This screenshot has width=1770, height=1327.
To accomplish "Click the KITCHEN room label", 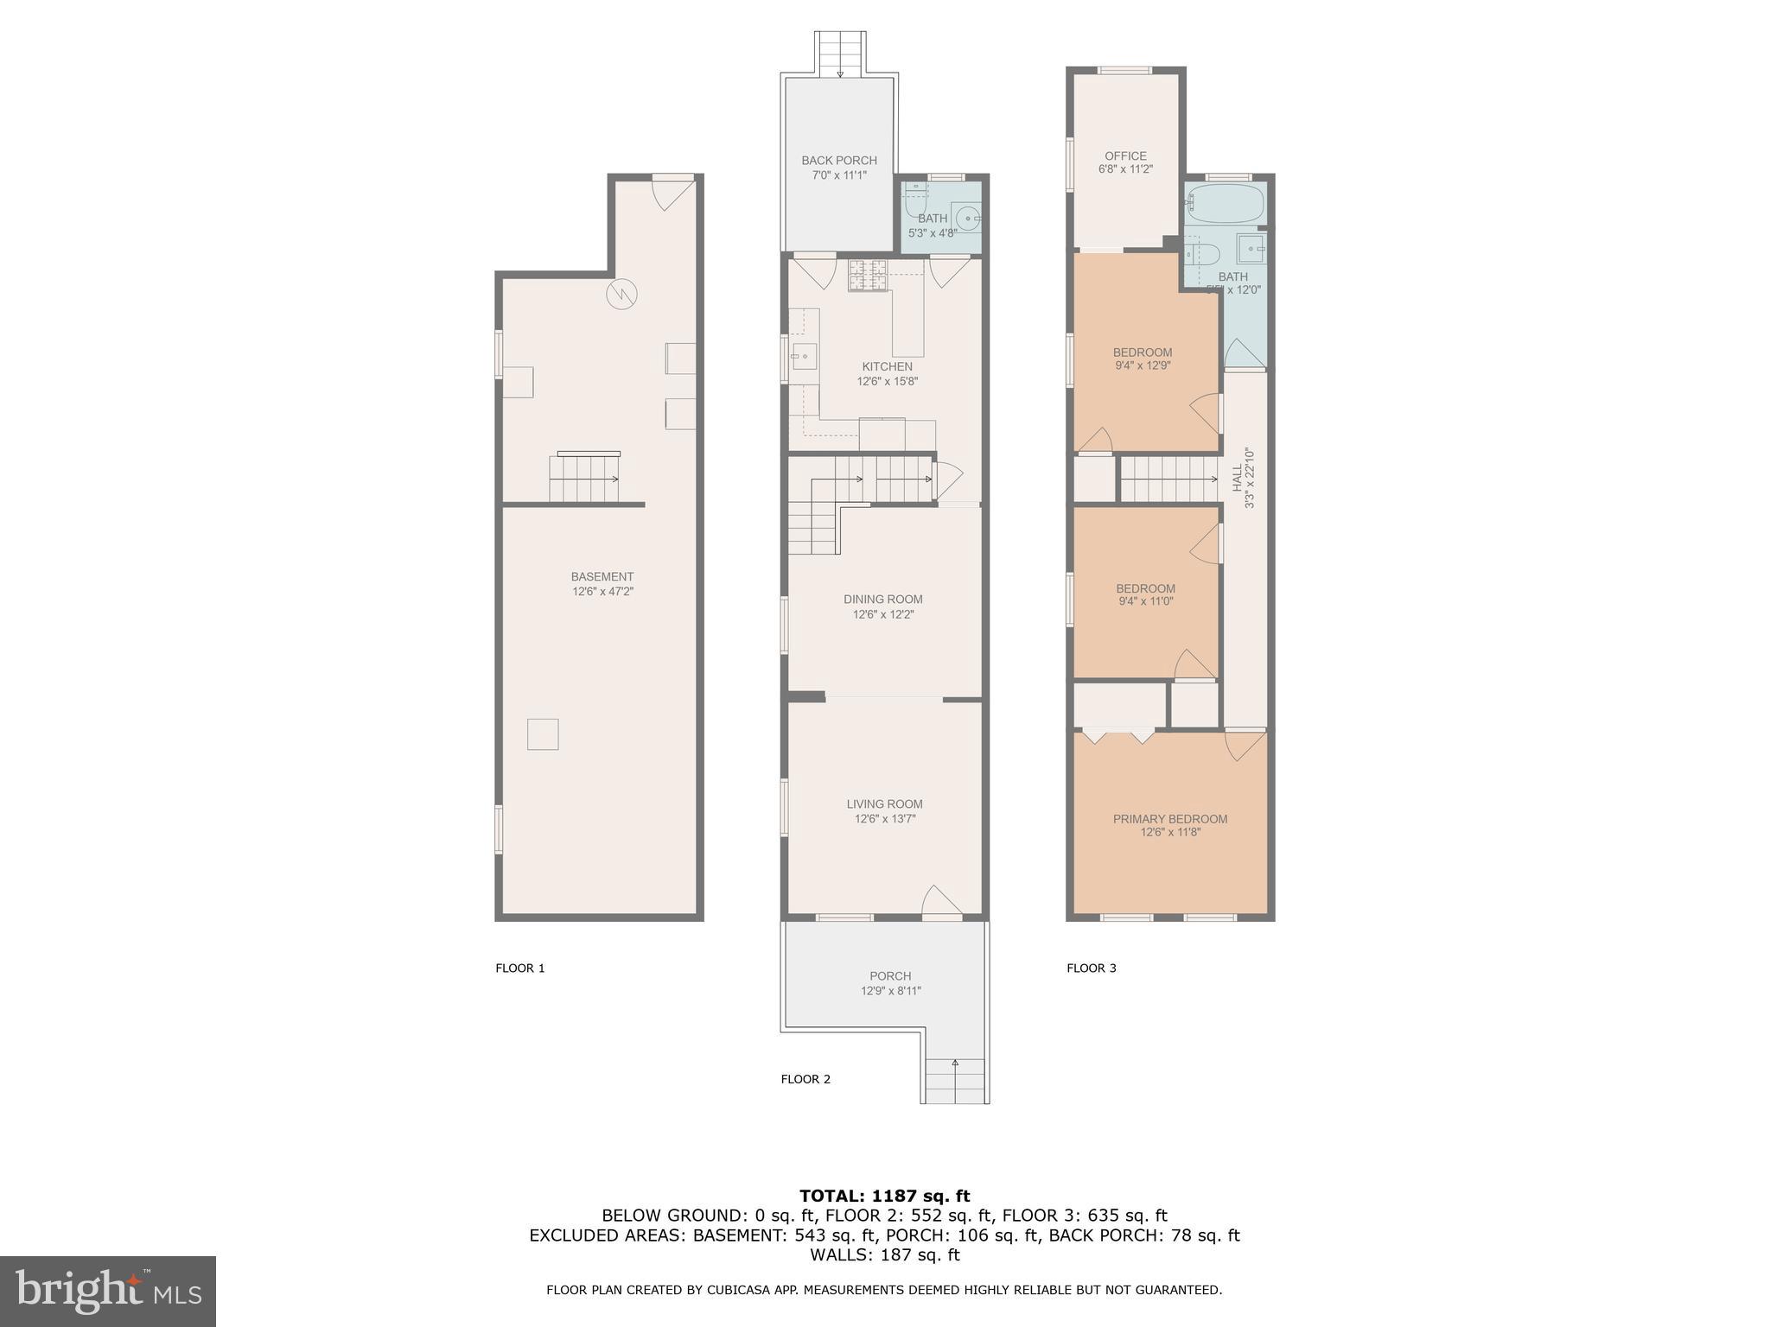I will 887,366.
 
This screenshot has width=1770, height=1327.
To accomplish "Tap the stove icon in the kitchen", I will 868,275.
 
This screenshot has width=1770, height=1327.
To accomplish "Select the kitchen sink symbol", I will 804,356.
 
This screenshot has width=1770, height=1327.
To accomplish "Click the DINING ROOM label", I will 882,599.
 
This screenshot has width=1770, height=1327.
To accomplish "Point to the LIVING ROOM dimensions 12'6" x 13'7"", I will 884,818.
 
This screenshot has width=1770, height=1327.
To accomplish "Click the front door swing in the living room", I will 941,900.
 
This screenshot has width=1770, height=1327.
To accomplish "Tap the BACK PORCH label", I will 838,160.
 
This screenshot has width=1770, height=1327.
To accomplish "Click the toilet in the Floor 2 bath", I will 914,206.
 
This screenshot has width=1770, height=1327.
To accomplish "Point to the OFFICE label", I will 1125,156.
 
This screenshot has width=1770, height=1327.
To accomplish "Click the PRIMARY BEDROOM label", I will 1169,818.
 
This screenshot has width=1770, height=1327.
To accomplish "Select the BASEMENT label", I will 602,576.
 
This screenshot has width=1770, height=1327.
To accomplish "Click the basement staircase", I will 584,479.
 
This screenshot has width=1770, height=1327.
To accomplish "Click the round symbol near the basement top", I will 621,295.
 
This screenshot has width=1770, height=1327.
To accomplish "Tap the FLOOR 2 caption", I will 805,1078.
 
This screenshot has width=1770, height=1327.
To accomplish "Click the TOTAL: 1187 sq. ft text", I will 884,1196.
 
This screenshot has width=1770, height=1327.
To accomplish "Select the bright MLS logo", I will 108,1291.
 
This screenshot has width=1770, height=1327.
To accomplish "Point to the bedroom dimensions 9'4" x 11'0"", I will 1144,601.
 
